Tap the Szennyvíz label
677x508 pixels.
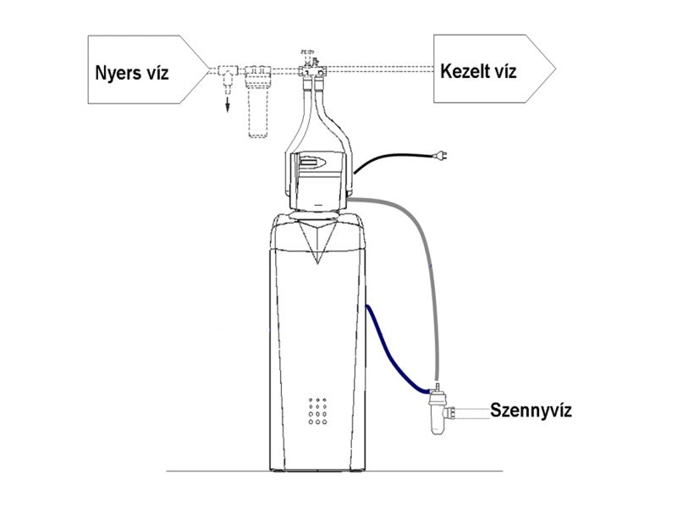(531, 412)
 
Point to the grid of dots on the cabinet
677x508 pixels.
(318, 411)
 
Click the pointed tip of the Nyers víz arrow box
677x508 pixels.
(207, 69)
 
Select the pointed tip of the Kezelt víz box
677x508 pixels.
(554, 69)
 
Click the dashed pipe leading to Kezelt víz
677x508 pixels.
(381, 68)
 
